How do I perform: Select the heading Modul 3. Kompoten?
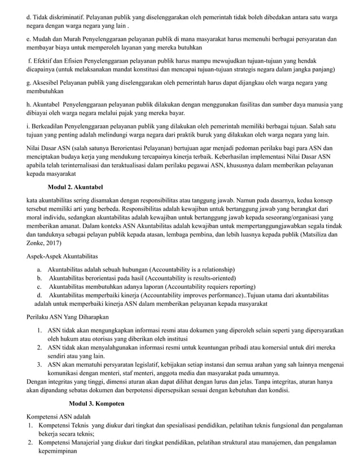point(96,404)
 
